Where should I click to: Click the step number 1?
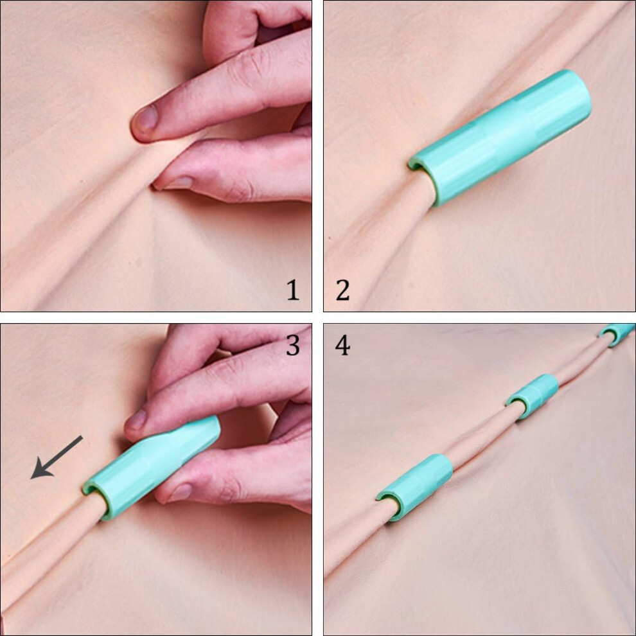point(293,290)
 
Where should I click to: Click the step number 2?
point(343,290)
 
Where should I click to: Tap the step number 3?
point(293,346)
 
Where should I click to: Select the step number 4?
point(343,346)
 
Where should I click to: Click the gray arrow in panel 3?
point(57,457)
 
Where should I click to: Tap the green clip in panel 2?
point(500,137)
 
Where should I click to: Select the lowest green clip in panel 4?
point(414,487)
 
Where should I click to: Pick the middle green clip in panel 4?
point(533,396)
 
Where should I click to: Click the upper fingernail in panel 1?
point(146,119)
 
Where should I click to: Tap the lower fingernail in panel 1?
point(178,182)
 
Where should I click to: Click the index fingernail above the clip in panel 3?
point(136,420)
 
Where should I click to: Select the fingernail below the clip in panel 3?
point(180,492)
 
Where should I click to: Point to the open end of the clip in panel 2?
point(422,179)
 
